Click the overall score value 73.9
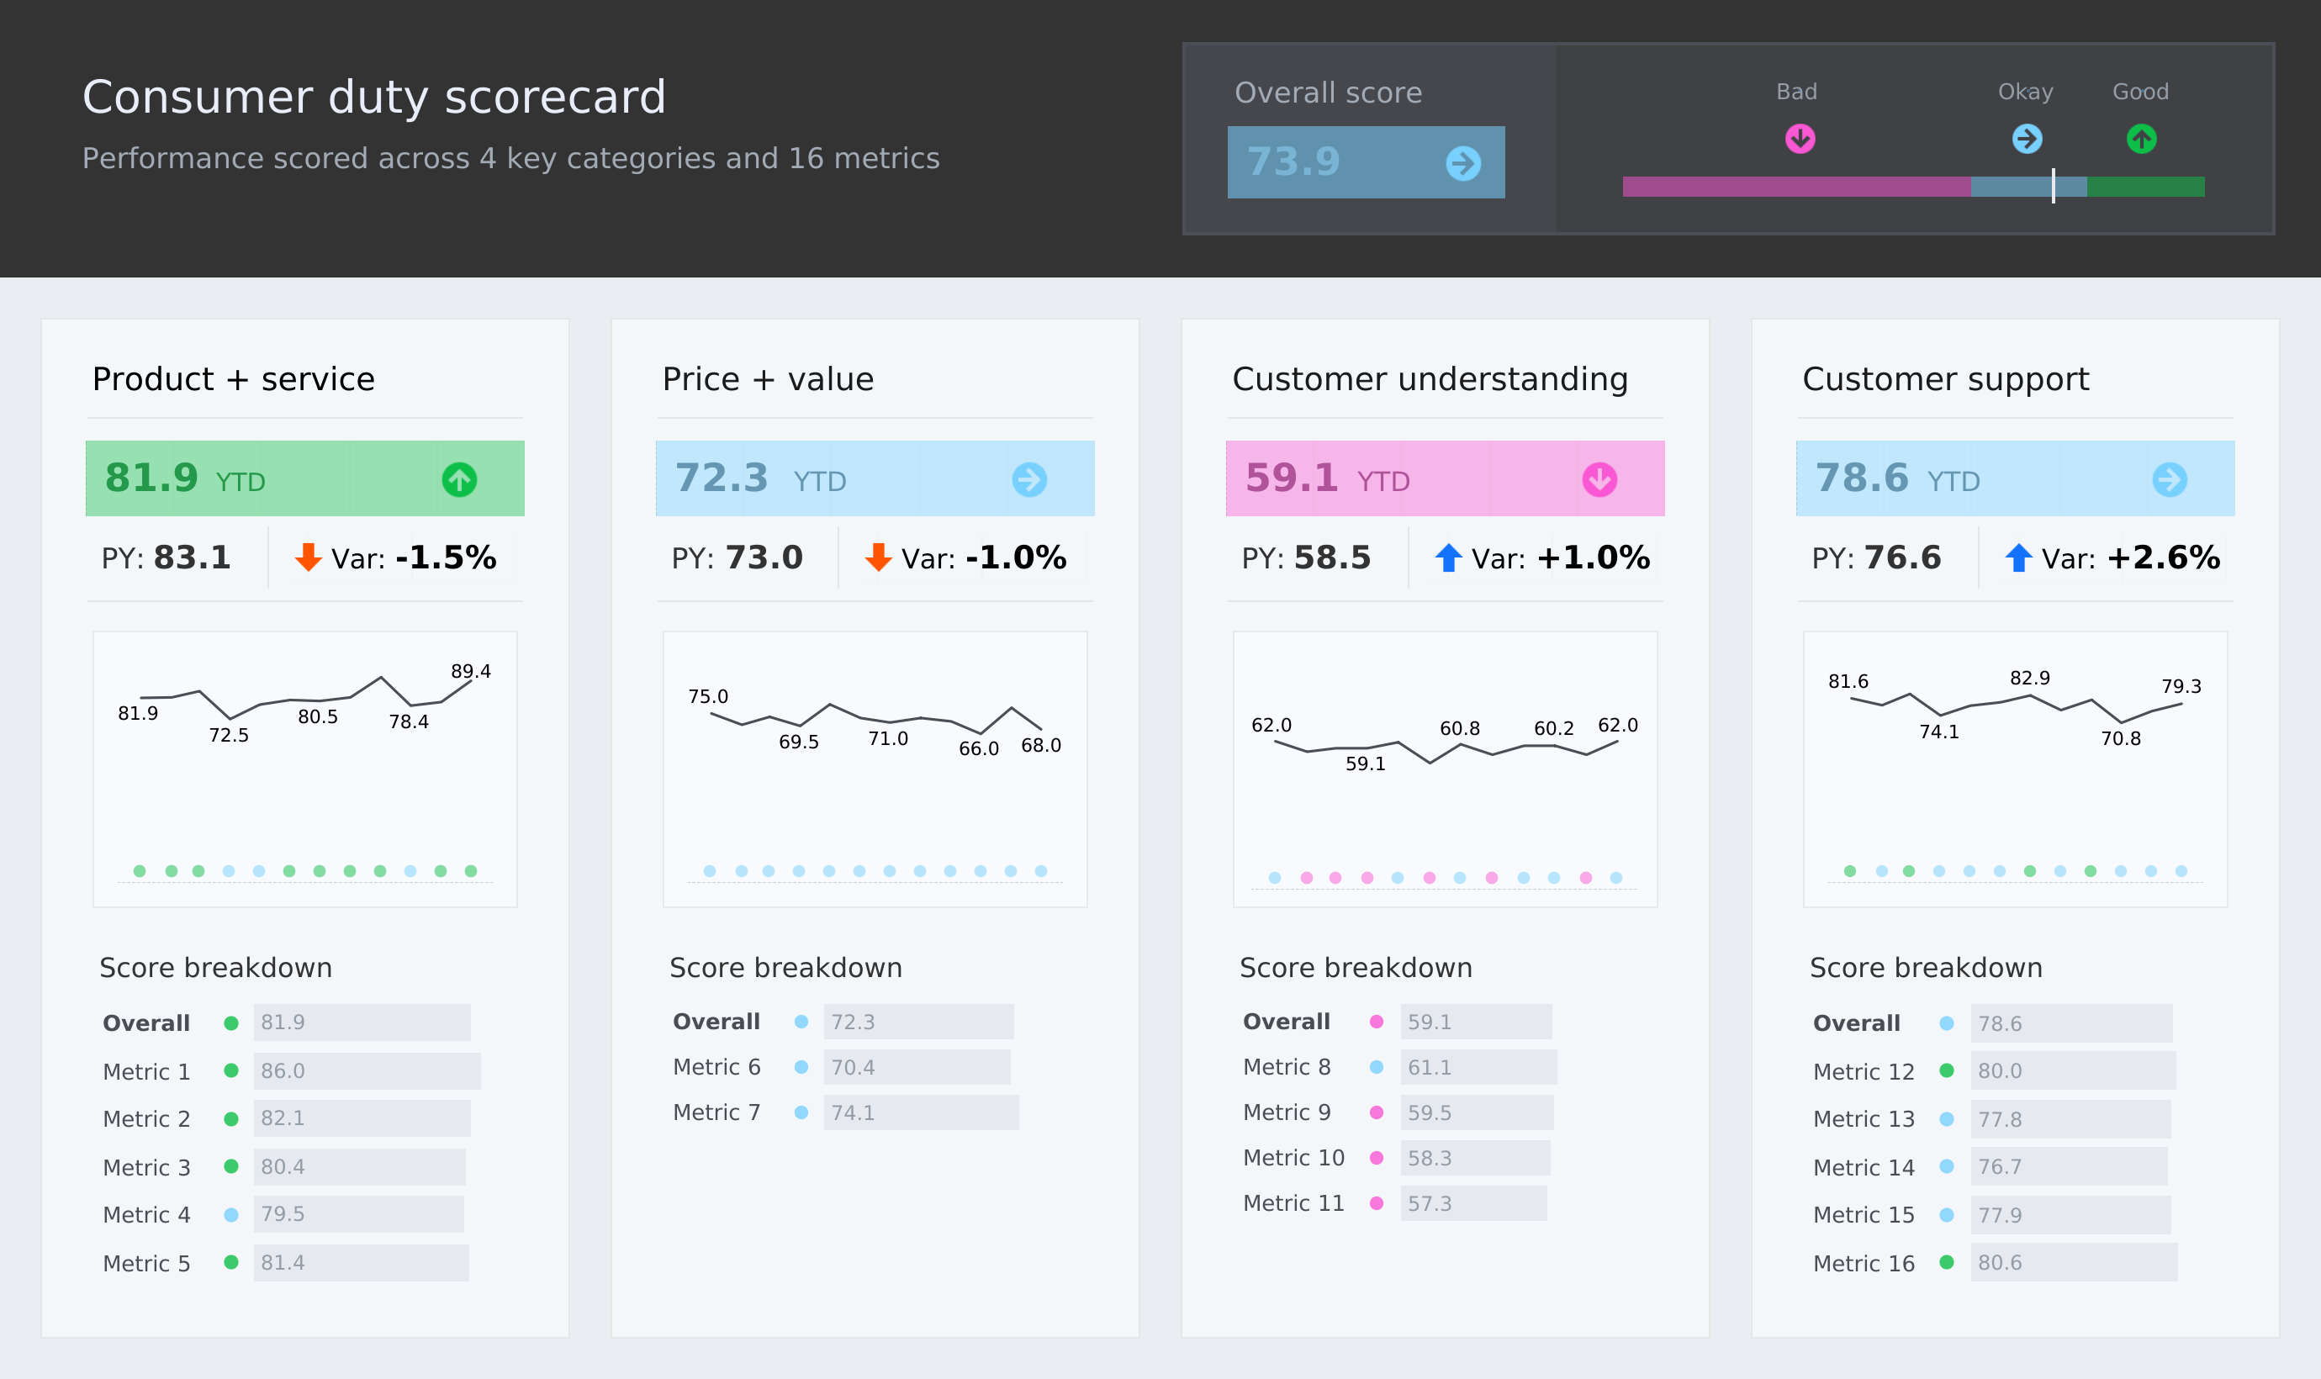tap(1293, 161)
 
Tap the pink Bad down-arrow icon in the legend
tap(1800, 139)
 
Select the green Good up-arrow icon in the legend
tap(2141, 139)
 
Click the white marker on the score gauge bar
tap(2053, 186)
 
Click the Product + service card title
tap(233, 379)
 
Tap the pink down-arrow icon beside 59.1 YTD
tap(1599, 479)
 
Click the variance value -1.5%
tap(445, 557)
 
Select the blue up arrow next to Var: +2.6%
tap(2017, 557)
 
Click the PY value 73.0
tap(764, 557)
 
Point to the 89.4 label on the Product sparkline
tap(470, 671)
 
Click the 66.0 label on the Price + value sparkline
tap(978, 748)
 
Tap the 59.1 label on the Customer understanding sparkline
tap(1365, 763)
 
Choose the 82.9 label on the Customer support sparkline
tap(2029, 678)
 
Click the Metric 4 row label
tap(147, 1214)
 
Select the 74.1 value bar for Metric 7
tap(920, 1112)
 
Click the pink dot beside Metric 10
tap(1376, 1157)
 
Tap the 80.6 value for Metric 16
tap(2000, 1262)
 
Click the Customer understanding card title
tap(1429, 379)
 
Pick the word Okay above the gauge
tap(2025, 92)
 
